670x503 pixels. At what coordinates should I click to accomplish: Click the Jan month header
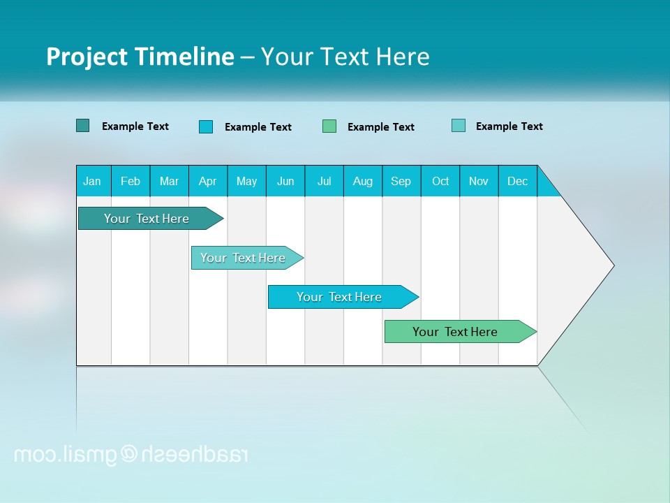tap(93, 181)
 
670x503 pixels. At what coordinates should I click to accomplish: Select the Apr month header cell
tap(208, 181)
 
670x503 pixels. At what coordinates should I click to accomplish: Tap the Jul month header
tap(325, 181)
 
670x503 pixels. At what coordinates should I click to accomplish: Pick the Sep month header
tap(401, 181)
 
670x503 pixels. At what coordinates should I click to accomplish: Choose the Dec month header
tap(518, 181)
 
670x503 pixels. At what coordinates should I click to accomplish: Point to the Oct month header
tap(440, 181)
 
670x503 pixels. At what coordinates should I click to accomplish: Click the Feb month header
tap(131, 181)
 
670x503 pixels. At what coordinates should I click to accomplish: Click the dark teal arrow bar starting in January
tap(147, 219)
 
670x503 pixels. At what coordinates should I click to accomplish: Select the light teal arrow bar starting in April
tap(243, 258)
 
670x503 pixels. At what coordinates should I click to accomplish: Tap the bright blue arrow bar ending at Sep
tap(339, 297)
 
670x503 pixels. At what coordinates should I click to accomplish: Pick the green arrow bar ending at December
tap(455, 332)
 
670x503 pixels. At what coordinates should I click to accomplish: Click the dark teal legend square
tap(82, 126)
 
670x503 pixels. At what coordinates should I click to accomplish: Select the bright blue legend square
tap(206, 126)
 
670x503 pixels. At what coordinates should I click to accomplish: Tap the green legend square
tap(329, 126)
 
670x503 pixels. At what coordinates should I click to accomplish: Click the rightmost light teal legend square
tap(459, 126)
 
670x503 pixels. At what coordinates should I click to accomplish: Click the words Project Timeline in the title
tap(140, 57)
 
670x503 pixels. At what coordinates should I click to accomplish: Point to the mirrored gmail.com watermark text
tap(131, 455)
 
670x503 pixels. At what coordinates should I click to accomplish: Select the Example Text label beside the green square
tap(381, 127)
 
